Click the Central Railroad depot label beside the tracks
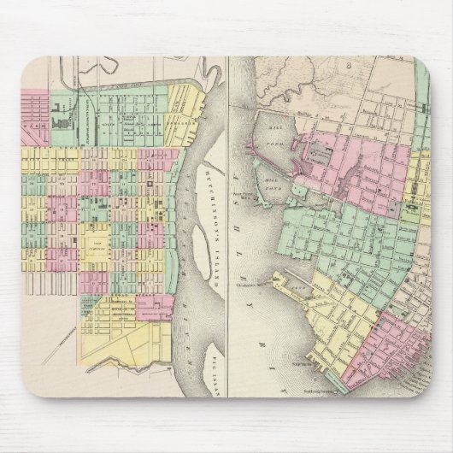coord(86,120)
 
